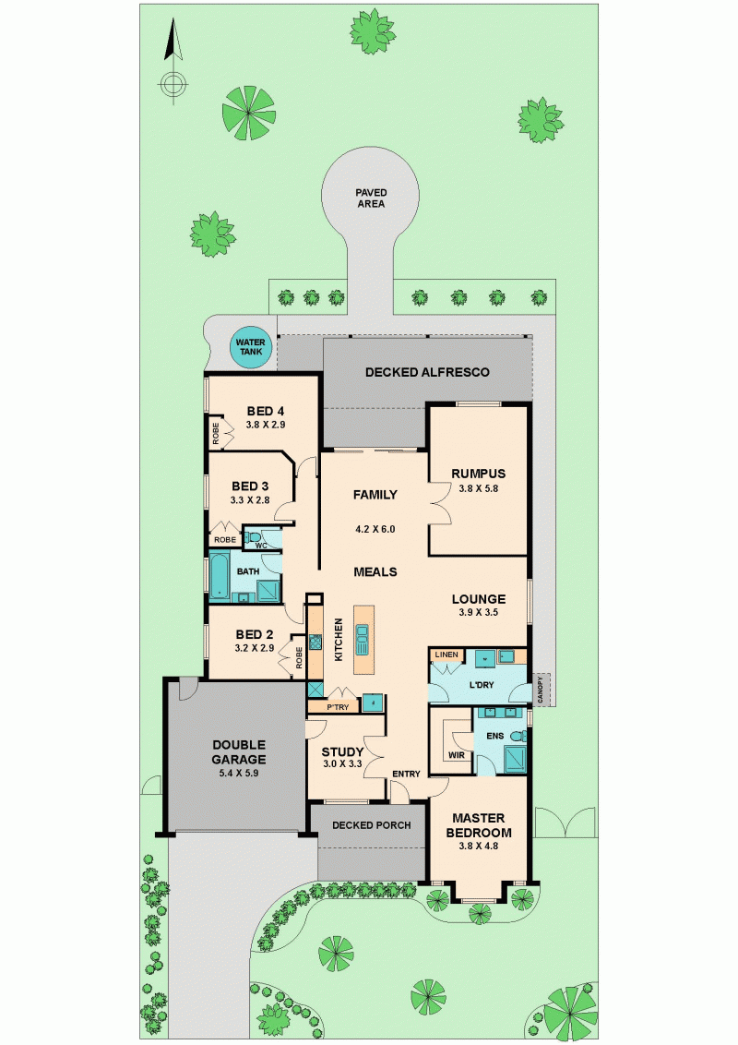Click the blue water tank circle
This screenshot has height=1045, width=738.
pyautogui.click(x=250, y=347)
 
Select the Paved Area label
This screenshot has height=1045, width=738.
pyautogui.click(x=371, y=198)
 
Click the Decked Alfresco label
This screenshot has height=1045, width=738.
pyautogui.click(x=427, y=372)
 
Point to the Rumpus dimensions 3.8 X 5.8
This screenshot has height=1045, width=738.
pyautogui.click(x=478, y=487)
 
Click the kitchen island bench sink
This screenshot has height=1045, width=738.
pyautogui.click(x=363, y=639)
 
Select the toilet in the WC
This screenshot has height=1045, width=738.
pyautogui.click(x=253, y=536)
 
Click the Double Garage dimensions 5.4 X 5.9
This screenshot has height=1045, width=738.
pyautogui.click(x=238, y=773)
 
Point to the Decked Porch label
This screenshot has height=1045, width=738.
pyautogui.click(x=371, y=825)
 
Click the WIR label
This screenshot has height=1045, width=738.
pyautogui.click(x=457, y=755)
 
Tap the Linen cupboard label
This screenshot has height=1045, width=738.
pyautogui.click(x=446, y=655)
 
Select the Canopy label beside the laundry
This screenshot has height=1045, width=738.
pyautogui.click(x=541, y=689)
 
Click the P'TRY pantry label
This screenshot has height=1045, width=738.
pyautogui.click(x=338, y=707)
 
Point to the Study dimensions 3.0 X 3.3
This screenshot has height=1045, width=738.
pyautogui.click(x=342, y=763)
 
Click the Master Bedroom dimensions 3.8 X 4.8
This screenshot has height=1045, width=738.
pyautogui.click(x=478, y=846)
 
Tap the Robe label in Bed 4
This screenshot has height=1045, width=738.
pyautogui.click(x=216, y=434)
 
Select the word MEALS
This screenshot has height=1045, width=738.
pyautogui.click(x=375, y=571)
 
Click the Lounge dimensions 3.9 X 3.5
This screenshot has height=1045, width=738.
pyautogui.click(x=478, y=612)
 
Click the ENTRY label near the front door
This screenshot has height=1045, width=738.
pyautogui.click(x=406, y=774)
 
